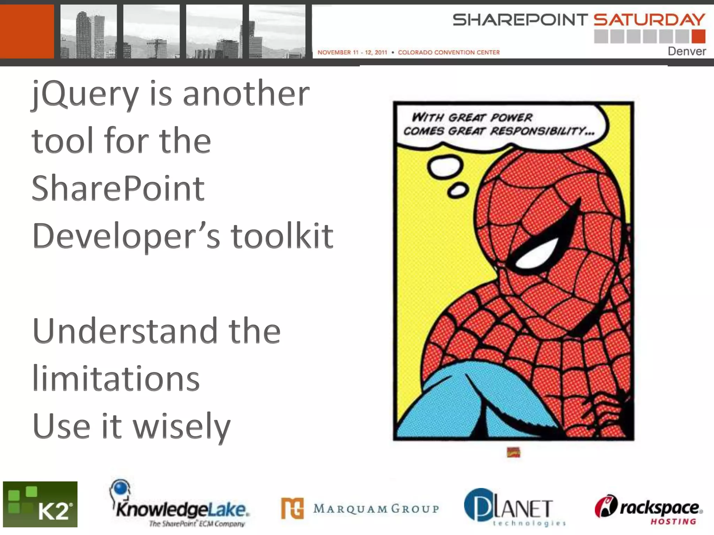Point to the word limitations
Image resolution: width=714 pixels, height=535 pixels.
click(116, 379)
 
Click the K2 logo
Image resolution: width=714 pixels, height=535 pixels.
click(40, 504)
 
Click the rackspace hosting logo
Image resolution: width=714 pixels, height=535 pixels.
click(649, 509)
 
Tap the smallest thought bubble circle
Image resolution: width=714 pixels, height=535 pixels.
click(458, 191)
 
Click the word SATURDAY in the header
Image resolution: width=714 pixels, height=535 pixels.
click(649, 20)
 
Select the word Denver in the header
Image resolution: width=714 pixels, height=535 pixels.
click(686, 51)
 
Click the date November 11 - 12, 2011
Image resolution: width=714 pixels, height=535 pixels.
click(352, 53)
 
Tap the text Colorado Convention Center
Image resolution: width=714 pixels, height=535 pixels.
click(449, 53)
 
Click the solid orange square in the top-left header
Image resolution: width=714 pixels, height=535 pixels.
click(27, 31)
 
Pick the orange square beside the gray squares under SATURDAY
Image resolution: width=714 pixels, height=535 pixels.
click(698, 36)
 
